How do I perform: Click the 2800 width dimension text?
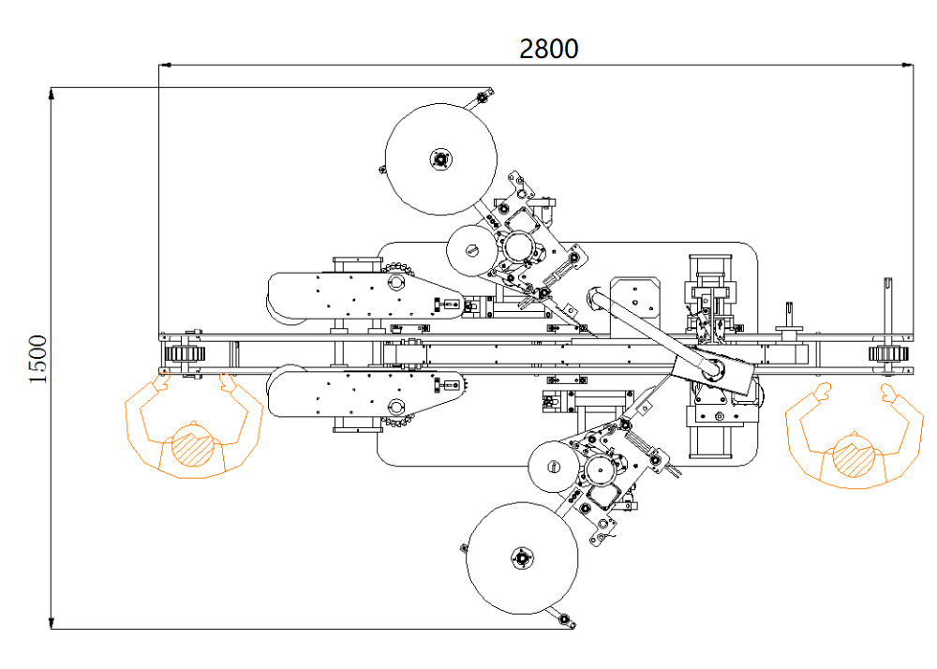click(549, 49)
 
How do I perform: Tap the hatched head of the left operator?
click(192, 448)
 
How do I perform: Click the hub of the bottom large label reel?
click(520, 559)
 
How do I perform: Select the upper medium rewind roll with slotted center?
click(473, 250)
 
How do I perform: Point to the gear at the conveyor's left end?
click(182, 354)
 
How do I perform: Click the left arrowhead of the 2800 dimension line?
click(164, 65)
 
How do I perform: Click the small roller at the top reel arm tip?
click(483, 96)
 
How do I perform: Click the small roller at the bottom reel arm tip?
click(563, 618)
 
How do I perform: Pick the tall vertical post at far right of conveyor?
click(886, 305)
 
